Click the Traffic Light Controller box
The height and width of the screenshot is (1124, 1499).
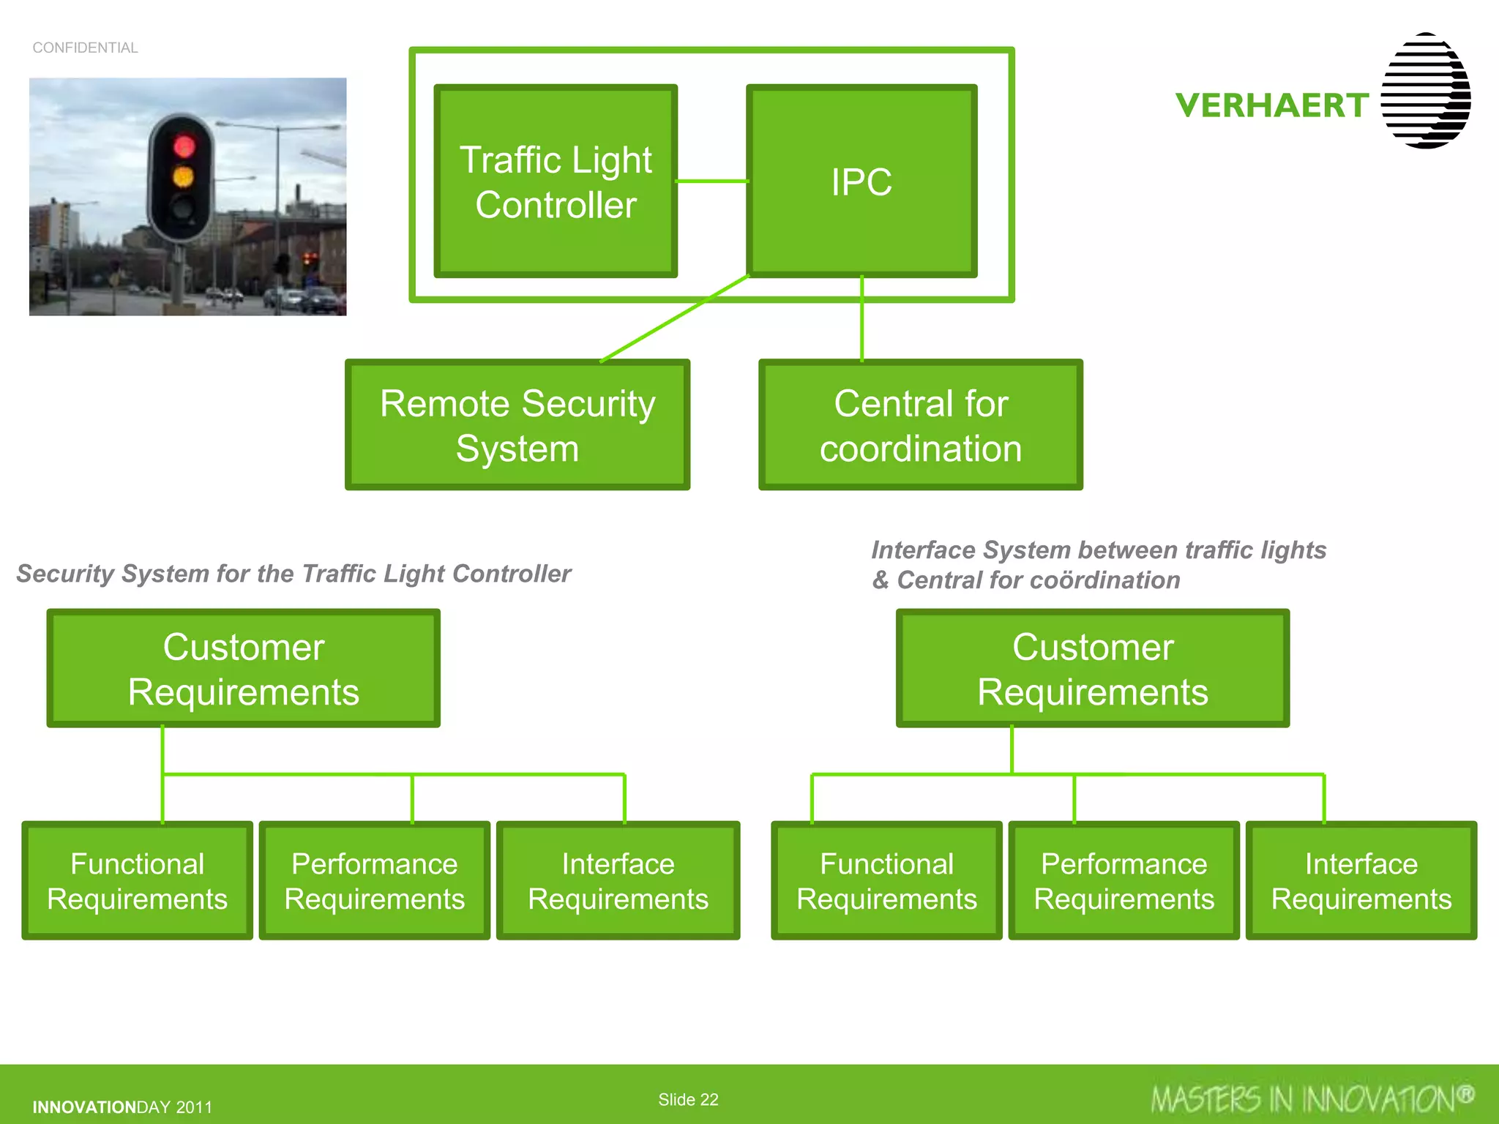(556, 181)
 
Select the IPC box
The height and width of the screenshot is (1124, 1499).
(861, 181)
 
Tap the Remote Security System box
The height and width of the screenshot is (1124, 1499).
(517, 425)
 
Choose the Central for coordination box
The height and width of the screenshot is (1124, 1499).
(920, 425)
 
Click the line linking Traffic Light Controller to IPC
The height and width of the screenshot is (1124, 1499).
(711, 181)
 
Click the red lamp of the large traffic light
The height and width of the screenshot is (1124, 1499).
(184, 146)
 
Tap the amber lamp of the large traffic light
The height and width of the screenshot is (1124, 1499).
(183, 176)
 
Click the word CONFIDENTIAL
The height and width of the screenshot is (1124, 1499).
(85, 48)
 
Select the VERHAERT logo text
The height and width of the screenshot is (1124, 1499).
(1272, 106)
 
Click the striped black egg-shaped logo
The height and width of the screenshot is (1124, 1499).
(1425, 91)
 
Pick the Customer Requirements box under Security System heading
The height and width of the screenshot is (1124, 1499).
(244, 669)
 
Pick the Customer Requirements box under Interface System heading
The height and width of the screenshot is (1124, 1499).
(1092, 669)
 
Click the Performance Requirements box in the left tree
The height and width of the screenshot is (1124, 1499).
(374, 881)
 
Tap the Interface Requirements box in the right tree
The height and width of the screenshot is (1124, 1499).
(1361, 881)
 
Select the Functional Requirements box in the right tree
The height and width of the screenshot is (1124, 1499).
(886, 881)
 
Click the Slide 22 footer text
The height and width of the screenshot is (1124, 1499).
(688, 1099)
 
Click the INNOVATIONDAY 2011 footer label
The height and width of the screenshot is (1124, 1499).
(122, 1107)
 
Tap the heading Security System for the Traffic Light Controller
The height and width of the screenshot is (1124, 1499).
(294, 574)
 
